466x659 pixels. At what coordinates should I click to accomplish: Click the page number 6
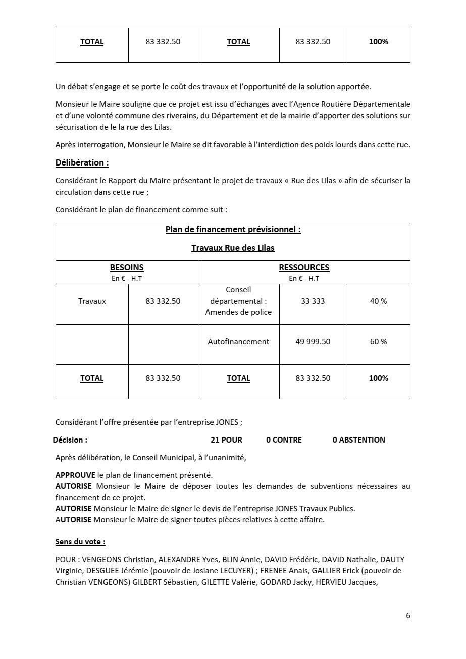(x=408, y=616)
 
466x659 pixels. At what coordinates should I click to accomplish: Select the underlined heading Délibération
(x=82, y=162)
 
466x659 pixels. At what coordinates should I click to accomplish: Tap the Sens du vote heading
(x=80, y=542)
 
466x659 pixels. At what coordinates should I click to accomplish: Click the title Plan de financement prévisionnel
(x=233, y=230)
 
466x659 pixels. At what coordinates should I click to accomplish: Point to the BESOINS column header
(x=127, y=268)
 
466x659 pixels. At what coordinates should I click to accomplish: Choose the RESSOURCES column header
(x=304, y=268)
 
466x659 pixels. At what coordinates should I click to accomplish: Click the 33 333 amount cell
(x=313, y=301)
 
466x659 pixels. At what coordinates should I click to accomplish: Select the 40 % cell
(x=378, y=301)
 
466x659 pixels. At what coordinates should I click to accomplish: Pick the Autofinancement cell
(x=238, y=342)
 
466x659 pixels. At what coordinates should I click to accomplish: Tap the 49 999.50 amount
(x=313, y=342)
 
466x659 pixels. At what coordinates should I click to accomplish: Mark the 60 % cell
(x=378, y=342)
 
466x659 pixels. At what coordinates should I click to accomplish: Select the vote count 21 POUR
(x=226, y=440)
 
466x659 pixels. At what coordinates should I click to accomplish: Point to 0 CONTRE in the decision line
(x=284, y=440)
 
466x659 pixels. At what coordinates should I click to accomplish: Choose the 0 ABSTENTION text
(x=358, y=440)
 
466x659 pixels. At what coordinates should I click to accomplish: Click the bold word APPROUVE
(x=75, y=475)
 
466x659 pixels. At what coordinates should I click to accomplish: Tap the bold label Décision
(x=70, y=440)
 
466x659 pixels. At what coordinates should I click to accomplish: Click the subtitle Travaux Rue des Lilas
(x=233, y=248)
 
